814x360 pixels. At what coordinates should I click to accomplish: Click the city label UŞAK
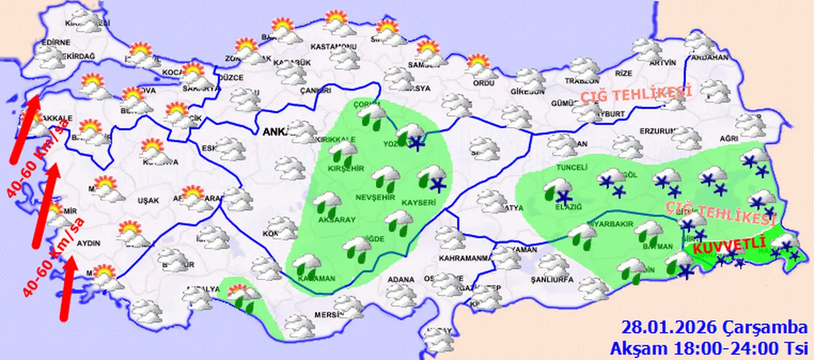148,201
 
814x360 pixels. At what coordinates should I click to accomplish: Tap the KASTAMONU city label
333,47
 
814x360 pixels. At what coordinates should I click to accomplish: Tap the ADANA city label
401,279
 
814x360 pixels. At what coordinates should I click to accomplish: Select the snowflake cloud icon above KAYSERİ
432,177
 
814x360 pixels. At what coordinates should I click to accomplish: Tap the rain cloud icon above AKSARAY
328,202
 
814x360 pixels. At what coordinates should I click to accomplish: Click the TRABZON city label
582,81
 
